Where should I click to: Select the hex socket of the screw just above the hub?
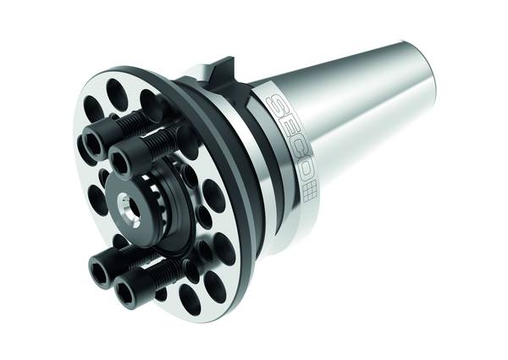click(x=120, y=160)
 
